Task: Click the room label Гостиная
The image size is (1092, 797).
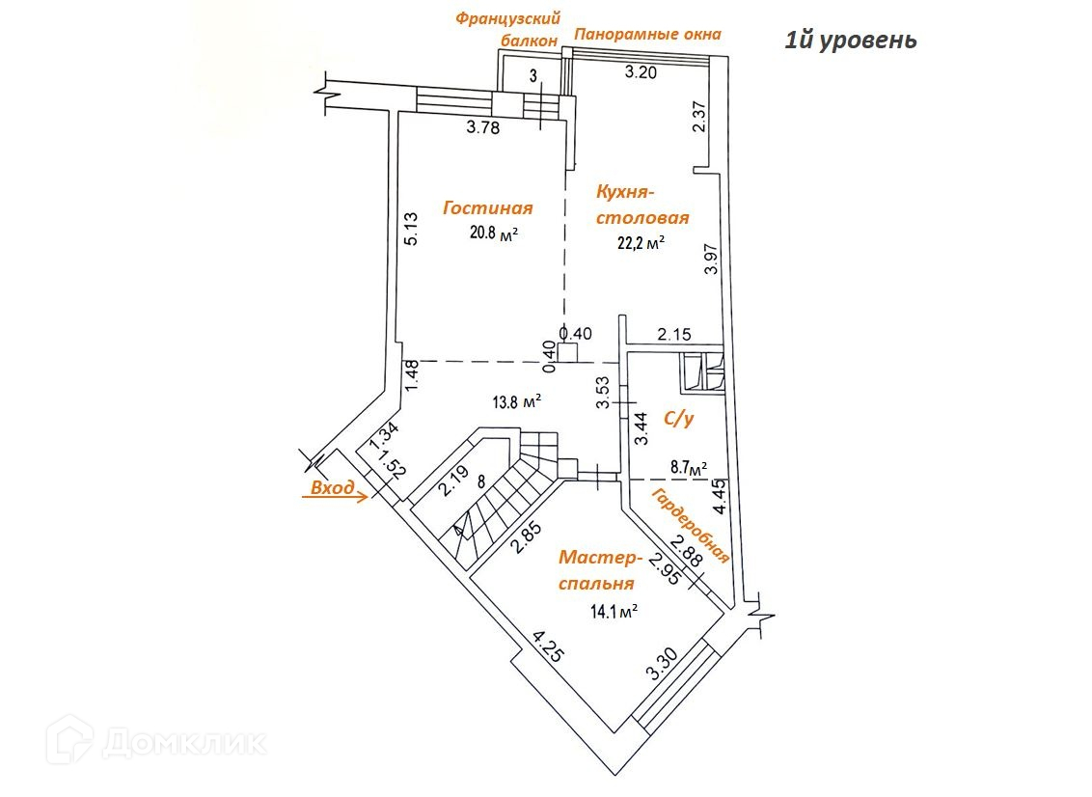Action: tap(488, 207)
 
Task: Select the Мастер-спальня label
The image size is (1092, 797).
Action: tap(598, 570)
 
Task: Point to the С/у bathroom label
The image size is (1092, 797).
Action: tap(680, 418)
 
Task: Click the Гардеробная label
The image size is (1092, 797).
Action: tap(690, 526)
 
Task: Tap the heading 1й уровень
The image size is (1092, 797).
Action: tap(849, 40)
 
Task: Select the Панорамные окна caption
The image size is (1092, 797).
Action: tap(647, 35)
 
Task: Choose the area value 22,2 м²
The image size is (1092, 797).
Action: tap(642, 243)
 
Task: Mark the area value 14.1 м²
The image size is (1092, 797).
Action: tap(614, 610)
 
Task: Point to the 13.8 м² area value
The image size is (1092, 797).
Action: tap(517, 401)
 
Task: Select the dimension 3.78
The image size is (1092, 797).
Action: tap(482, 127)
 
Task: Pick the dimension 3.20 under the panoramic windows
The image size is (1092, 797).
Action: tap(642, 70)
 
